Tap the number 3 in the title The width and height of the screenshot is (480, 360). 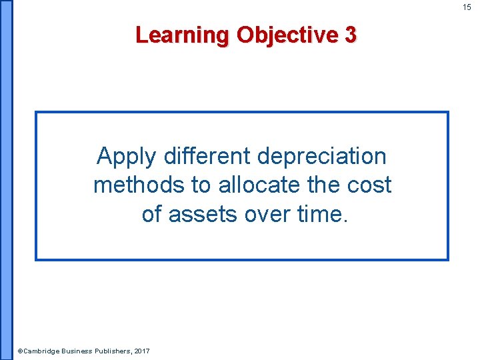tap(351, 35)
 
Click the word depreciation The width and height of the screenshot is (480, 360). tap(321, 157)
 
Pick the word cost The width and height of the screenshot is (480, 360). tap(369, 185)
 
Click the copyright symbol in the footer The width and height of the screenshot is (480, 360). tap(20, 351)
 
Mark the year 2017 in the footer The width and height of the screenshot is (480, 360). tap(142, 351)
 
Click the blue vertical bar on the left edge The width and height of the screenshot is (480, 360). tap(6, 180)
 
